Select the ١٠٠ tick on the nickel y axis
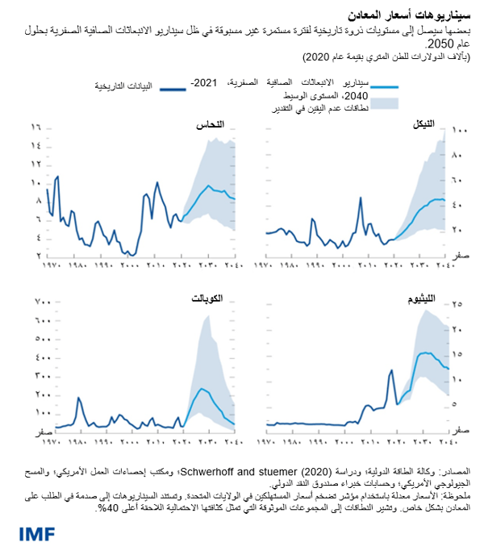coord(458,130)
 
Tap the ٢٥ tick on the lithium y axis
coord(456,304)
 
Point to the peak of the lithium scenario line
coord(422,353)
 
